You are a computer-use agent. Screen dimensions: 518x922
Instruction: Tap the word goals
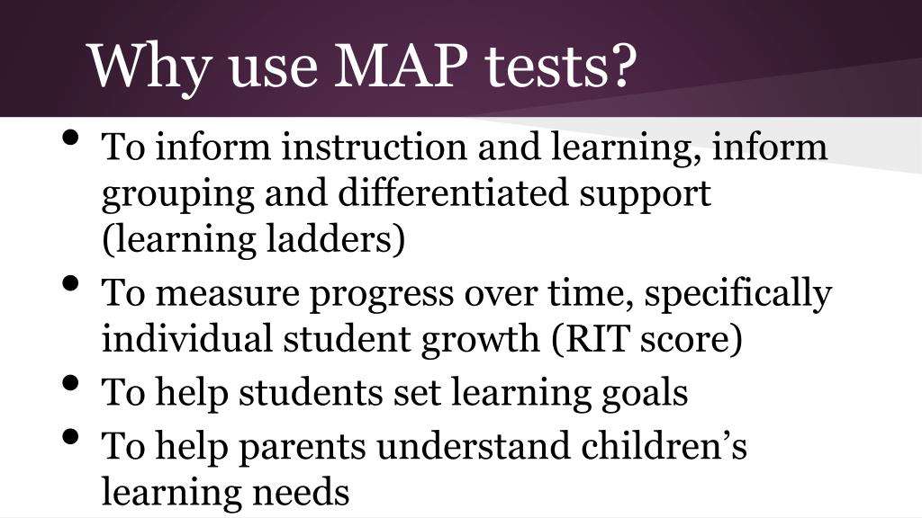pyautogui.click(x=641, y=393)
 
